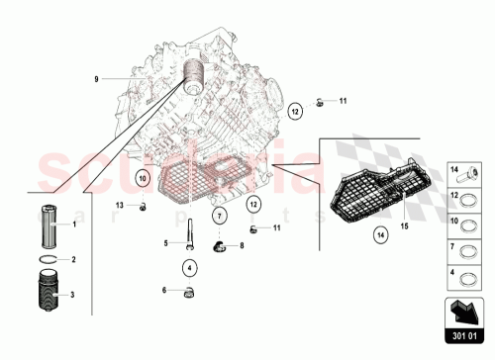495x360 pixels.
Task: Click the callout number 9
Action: (x=97, y=77)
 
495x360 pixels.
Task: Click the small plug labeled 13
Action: (x=144, y=205)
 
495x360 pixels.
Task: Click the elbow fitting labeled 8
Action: (x=223, y=246)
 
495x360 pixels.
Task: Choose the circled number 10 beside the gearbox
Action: (x=143, y=179)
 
